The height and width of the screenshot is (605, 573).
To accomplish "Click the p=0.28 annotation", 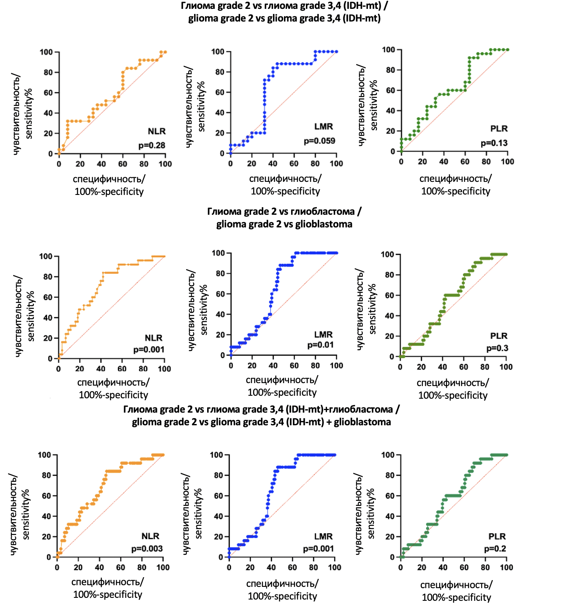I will click(152, 146).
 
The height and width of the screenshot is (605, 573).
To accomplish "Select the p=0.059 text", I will click(319, 141).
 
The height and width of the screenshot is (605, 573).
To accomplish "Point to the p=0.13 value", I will click(494, 143).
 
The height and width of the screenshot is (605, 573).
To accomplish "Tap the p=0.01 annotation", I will click(320, 345).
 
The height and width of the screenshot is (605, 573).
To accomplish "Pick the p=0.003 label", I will click(147, 548).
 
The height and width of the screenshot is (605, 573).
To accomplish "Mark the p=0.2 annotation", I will click(495, 548).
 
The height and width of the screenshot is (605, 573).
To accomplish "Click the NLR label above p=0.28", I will click(157, 132).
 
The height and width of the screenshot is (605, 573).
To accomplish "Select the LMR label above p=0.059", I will click(324, 127).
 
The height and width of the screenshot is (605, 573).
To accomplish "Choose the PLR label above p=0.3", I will click(499, 336).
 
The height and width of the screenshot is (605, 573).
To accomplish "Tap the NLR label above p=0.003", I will click(150, 536).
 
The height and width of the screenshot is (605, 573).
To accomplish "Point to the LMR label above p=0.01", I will click(323, 335).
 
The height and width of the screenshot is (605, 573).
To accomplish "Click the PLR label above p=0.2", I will click(497, 536).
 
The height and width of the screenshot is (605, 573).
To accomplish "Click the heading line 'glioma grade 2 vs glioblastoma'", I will click(284, 224).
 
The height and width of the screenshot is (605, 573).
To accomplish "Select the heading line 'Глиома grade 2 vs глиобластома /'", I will click(284, 211).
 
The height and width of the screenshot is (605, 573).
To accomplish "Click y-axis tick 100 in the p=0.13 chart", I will click(389, 50).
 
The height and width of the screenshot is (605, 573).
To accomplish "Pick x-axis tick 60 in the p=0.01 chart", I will click(295, 365).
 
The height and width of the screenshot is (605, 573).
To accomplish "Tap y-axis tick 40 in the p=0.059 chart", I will click(220, 113).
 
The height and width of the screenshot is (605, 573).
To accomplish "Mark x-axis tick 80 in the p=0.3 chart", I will click(485, 367).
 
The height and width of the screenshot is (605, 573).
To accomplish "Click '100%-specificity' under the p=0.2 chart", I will click(456, 597).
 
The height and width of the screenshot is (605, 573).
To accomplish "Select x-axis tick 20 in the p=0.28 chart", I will click(80, 164).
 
